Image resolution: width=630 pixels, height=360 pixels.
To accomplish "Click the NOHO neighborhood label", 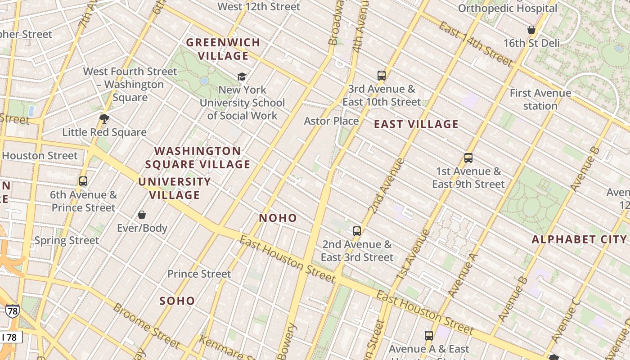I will pos(278,218).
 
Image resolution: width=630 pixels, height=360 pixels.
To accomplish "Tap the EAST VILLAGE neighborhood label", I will pos(416,124).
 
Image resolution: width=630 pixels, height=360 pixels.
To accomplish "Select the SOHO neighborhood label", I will pos(177,301).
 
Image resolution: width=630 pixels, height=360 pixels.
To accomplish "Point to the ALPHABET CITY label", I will pos(579,239).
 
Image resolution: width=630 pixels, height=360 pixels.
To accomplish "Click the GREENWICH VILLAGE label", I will pos(223,49).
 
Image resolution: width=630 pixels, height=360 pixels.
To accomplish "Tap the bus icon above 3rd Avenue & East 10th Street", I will pos(382,76).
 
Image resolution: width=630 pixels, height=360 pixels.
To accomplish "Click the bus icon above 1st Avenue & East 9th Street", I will pos(468,158).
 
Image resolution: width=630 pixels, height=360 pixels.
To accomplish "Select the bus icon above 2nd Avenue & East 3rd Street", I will pos(357,231).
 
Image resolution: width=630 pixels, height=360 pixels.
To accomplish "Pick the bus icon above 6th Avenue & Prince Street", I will pos(83,181).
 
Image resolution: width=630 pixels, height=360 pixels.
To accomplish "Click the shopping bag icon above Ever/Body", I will pos(142,215).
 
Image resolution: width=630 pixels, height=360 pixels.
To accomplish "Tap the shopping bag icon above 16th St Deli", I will pos(531,30).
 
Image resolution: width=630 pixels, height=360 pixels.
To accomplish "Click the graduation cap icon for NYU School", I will pos(242,76).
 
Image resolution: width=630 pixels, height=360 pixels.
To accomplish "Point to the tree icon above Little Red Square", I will pos(104,119).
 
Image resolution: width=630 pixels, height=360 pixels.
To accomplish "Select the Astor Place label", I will pos(331,121).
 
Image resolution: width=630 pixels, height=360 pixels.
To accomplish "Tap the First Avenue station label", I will pos(540,99).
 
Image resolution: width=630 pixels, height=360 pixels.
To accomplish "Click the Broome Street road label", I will pos(146,326).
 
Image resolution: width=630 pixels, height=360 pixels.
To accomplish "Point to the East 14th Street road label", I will pos(476,44).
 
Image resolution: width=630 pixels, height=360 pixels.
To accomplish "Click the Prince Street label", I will pos(199,274).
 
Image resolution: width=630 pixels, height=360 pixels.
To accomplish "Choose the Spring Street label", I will pos(67,240).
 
